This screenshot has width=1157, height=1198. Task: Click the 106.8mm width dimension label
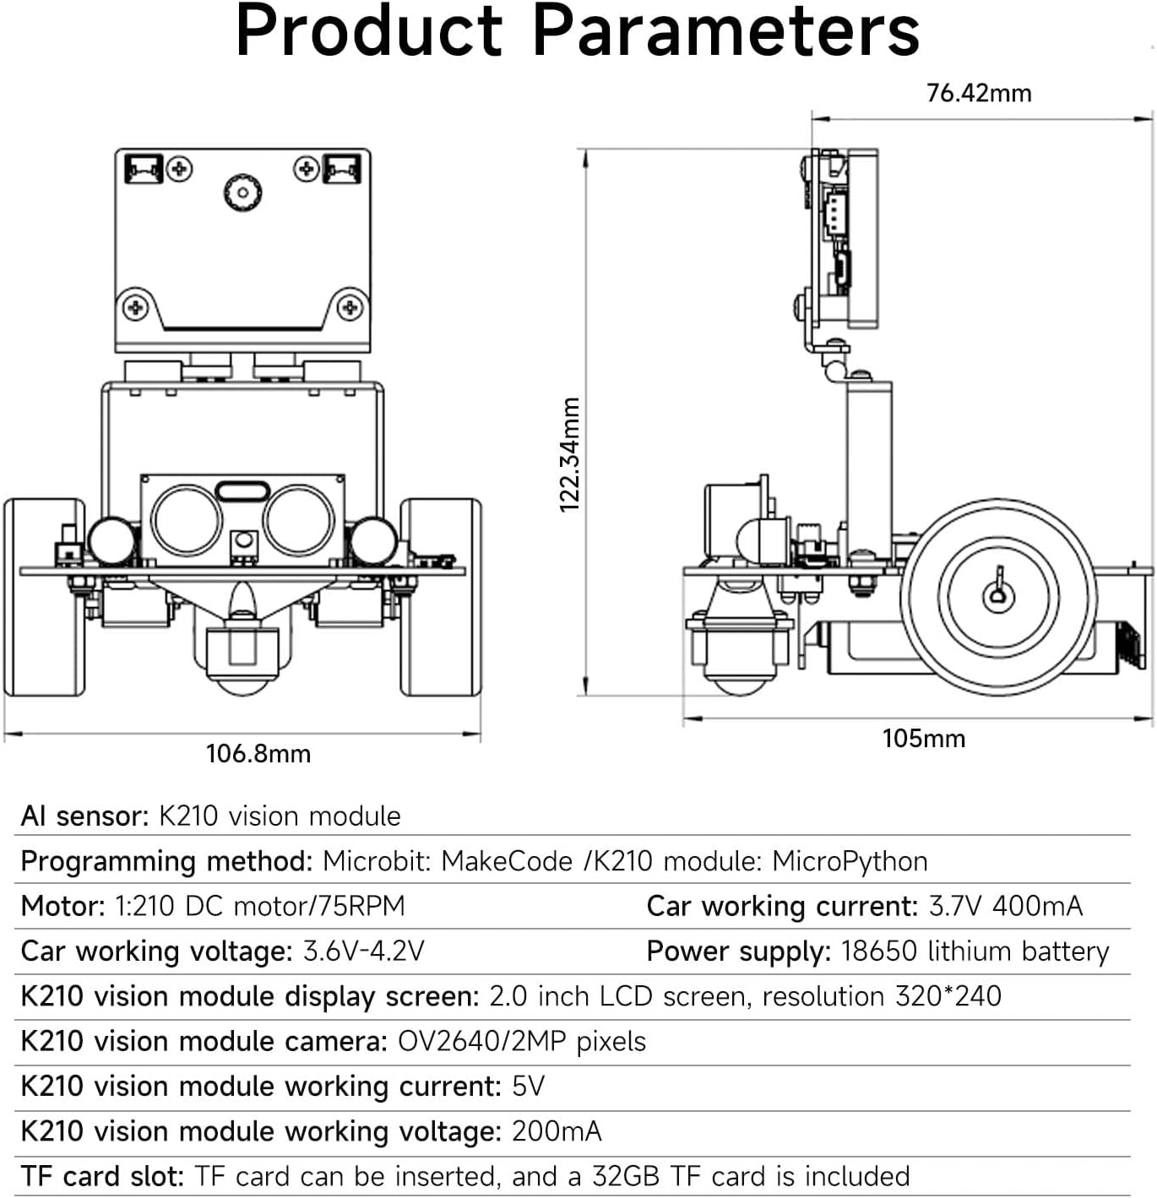[x=258, y=753]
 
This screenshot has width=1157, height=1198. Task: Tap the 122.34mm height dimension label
[x=571, y=454]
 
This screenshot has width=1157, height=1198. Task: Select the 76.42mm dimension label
[x=979, y=93]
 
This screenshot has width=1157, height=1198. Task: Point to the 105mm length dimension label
[x=923, y=739]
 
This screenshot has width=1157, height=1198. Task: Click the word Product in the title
[x=370, y=32]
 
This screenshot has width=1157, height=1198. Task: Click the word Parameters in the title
[x=725, y=32]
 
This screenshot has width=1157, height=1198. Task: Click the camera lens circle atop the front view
[x=242, y=192]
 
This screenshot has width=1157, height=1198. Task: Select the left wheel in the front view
[x=45, y=597]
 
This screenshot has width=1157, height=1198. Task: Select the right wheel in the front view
[x=440, y=597]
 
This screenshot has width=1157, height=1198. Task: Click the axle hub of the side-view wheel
[x=998, y=596]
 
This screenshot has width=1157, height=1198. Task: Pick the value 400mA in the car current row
[x=1037, y=906]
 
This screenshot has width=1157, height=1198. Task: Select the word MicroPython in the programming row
[x=850, y=861]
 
